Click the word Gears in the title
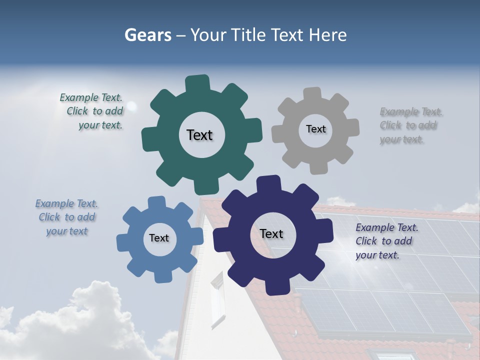[147, 35]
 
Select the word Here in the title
[328, 35]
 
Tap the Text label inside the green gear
[199, 135]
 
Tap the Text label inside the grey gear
[315, 129]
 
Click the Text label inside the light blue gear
[158, 238]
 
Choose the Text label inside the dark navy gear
[271, 233]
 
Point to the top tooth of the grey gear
[312, 94]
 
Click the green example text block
[91, 111]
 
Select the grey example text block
[410, 125]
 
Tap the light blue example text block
[67, 217]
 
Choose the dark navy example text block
[386, 241]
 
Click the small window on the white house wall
[218, 299]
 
